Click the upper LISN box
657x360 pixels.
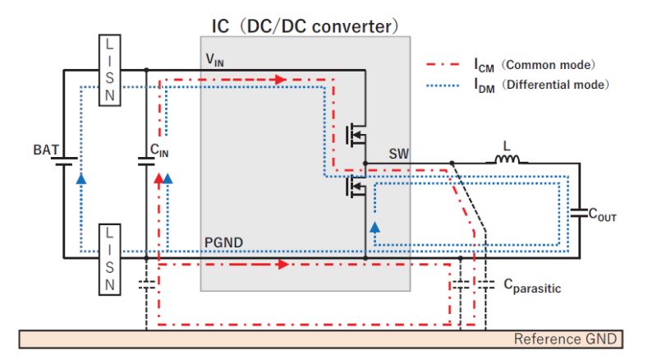click(113, 70)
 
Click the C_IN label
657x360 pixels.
click(159, 150)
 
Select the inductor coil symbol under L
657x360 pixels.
click(507, 160)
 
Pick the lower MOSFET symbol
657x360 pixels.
click(356, 187)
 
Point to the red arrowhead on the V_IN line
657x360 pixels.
click(281, 80)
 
